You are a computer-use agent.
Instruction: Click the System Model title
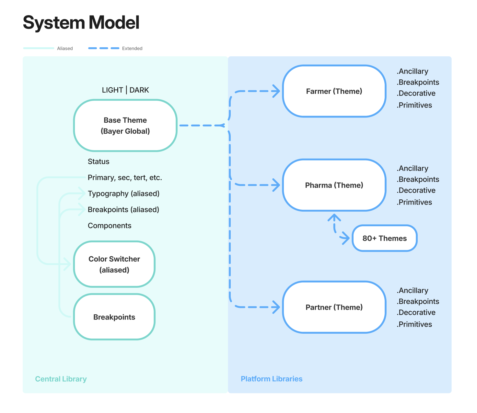coord(81,23)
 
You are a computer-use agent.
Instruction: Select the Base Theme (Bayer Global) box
coord(125,126)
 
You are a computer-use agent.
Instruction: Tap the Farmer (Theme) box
coord(334,91)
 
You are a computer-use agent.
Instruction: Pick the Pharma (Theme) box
coord(334,185)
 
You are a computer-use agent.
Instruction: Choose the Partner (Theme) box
coord(334,307)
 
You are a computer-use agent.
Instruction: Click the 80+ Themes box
coord(384,238)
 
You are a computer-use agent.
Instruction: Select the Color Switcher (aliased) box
coord(114,264)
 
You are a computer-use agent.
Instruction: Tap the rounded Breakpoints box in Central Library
coord(114,317)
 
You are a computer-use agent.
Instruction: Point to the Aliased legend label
coord(65,49)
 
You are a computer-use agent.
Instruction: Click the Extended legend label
coord(132,49)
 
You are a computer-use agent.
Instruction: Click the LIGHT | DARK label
coord(125,90)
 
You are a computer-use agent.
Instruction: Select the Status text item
coord(99,162)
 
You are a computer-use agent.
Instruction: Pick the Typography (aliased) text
coord(124,194)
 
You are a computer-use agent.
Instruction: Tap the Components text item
coord(110,226)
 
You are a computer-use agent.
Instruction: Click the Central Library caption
coord(61,379)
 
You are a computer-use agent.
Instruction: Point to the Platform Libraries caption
coord(272,379)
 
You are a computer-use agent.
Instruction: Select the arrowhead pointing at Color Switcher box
coord(67,264)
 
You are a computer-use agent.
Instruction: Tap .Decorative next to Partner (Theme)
coord(416,312)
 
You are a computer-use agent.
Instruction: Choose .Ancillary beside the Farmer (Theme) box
coord(413,72)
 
